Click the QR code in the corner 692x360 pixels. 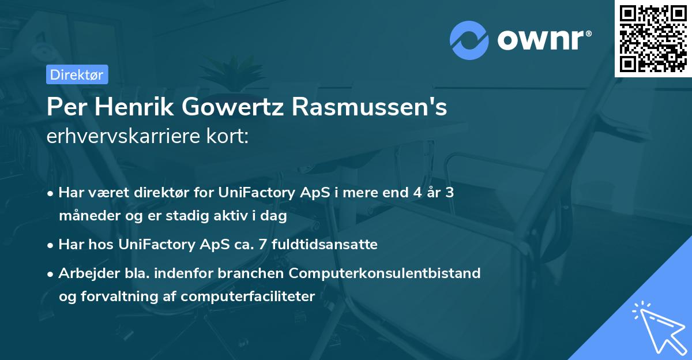[x=653, y=38]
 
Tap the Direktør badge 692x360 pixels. [x=77, y=74]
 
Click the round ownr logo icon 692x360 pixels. [x=469, y=40]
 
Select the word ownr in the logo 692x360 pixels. [x=544, y=40]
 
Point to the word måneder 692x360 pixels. [x=88, y=216]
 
